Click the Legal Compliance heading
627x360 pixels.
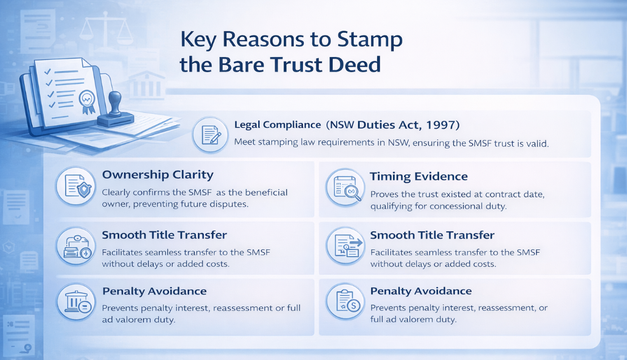click(277, 125)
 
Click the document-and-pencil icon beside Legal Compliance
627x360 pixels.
click(210, 135)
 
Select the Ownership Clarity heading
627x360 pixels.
click(157, 175)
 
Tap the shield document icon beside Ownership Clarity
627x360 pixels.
click(76, 186)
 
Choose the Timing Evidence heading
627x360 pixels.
click(419, 177)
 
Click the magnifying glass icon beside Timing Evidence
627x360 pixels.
click(345, 187)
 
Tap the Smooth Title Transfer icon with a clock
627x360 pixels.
click(76, 247)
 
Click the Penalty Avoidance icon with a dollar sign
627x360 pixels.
click(346, 301)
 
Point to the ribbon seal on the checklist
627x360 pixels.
click(87, 102)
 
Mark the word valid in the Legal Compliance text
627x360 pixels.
click(537, 143)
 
